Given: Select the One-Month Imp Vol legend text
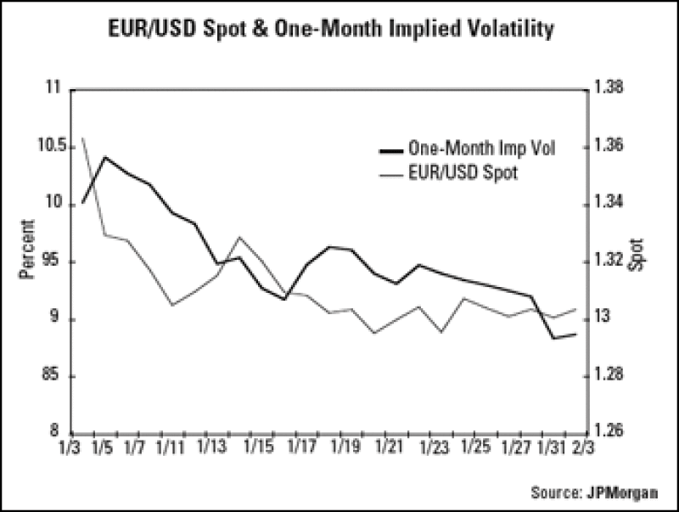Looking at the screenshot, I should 481,149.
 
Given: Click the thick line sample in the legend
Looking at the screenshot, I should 391,149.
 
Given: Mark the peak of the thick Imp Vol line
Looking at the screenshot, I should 104,157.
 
